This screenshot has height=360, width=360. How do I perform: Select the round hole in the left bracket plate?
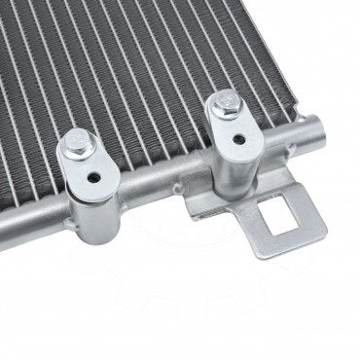pos(94,179)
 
